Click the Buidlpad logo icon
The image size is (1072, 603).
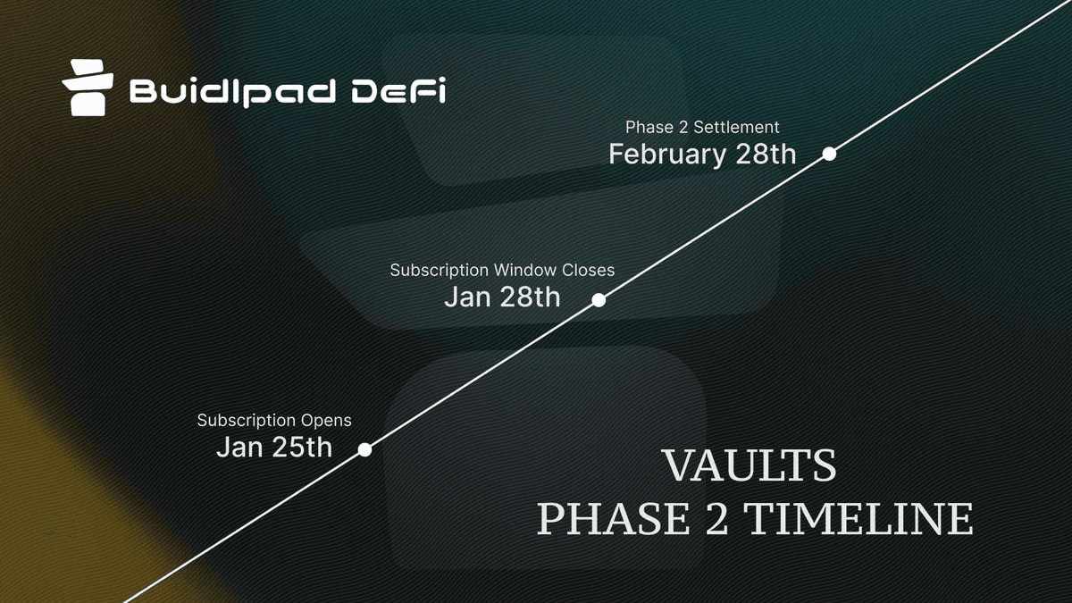tap(88, 88)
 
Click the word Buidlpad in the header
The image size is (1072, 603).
tap(232, 92)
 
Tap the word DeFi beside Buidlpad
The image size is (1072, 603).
tap(398, 90)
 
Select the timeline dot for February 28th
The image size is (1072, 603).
tap(829, 154)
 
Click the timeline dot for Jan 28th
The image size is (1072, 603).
tap(599, 300)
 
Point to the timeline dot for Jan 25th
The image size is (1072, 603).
tap(364, 450)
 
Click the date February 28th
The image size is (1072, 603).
tap(702, 155)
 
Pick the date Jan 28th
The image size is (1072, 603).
tap(502, 297)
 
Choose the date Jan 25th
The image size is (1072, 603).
tap(274, 447)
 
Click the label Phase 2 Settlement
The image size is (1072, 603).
tap(702, 127)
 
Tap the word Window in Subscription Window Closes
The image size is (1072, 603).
tap(525, 270)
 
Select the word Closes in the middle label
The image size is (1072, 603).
tap(588, 270)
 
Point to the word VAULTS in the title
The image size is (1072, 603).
tap(750, 465)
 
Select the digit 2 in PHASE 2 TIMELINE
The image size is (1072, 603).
tap(716, 519)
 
